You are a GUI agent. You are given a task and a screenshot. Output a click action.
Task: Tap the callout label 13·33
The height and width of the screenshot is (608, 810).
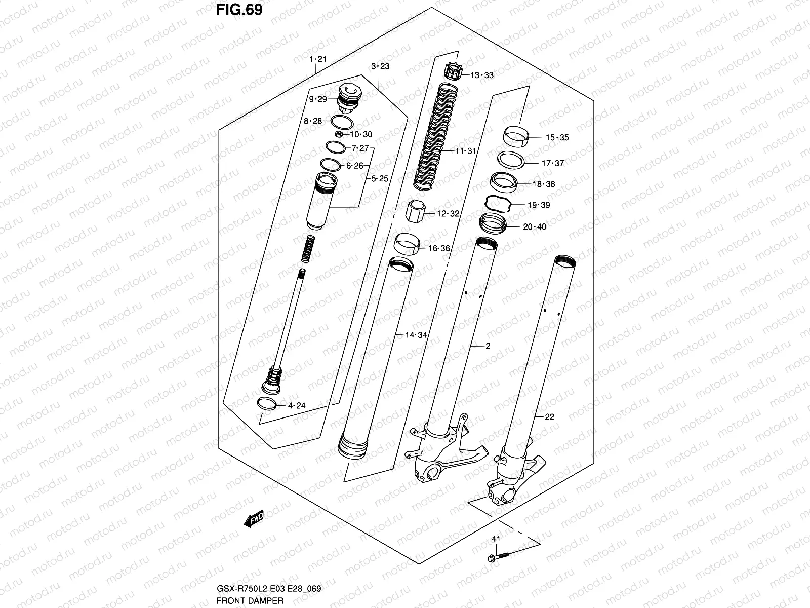click(x=481, y=75)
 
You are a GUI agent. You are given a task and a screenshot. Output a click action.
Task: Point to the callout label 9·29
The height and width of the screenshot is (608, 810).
click(x=318, y=99)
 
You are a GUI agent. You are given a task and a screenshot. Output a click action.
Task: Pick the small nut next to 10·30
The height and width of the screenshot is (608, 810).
click(x=339, y=134)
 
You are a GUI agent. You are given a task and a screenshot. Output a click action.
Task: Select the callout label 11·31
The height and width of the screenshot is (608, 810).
click(x=465, y=151)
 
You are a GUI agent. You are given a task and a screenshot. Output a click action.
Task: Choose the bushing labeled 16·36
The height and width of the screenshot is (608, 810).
click(x=408, y=245)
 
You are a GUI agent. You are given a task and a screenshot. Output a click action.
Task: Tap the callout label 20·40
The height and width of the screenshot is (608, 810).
click(x=534, y=226)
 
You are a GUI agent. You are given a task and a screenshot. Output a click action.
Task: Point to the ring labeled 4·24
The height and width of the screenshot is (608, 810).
click(x=268, y=404)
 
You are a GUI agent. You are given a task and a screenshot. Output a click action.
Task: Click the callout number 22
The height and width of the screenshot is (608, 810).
click(x=549, y=417)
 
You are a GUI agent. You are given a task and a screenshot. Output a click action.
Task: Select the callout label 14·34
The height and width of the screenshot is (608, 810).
click(x=416, y=335)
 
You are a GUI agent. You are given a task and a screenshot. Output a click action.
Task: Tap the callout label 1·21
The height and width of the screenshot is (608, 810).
click(x=318, y=59)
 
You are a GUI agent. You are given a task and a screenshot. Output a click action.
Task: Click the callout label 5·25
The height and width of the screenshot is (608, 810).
click(x=380, y=178)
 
